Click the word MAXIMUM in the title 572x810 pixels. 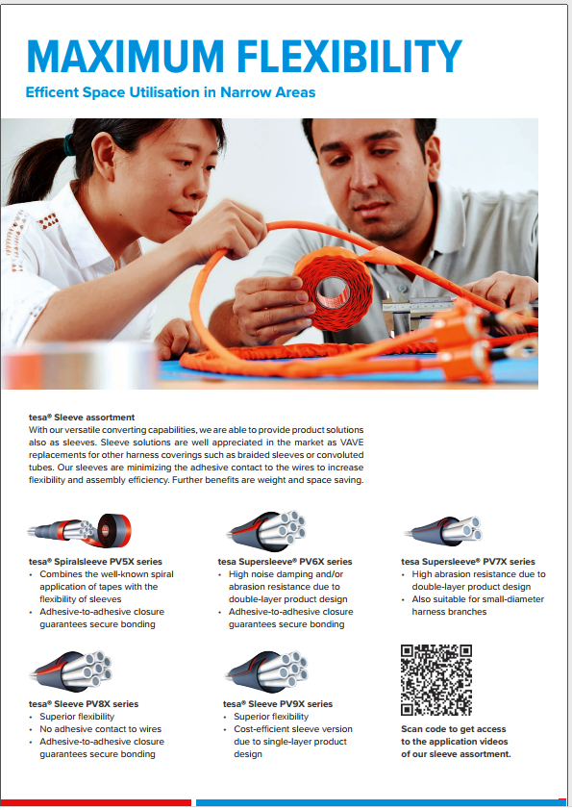(x=125, y=56)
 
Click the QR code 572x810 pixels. (x=436, y=680)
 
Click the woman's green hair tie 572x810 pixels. (x=68, y=144)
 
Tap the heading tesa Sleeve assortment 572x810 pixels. (x=82, y=418)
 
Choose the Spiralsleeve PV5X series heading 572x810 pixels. (x=95, y=562)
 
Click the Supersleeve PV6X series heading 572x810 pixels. (x=285, y=562)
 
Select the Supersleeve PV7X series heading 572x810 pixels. (x=468, y=562)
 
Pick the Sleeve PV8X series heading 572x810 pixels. (x=84, y=704)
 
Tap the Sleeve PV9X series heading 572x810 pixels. (x=278, y=704)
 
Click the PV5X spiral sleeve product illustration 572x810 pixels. (x=80, y=530)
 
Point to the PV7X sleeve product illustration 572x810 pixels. (x=444, y=530)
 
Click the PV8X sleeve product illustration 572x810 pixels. (x=71, y=672)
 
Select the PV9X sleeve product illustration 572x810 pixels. (x=267, y=672)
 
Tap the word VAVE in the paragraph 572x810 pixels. (x=351, y=443)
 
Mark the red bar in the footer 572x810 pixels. (x=96, y=802)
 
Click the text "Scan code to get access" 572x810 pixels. (x=453, y=729)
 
